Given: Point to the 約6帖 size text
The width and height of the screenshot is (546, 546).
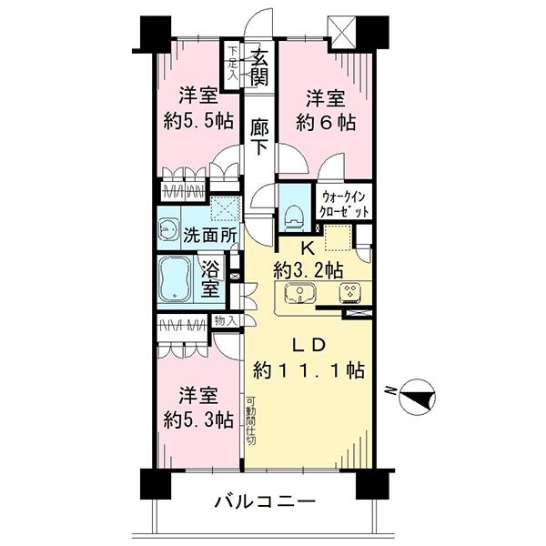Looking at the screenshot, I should pos(324,120).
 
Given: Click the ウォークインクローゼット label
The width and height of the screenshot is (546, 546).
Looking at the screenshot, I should pos(344,203).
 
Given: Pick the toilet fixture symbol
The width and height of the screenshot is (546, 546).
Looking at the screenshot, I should pos(293,212).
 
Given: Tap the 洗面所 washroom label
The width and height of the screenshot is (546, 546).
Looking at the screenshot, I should pos(211,234).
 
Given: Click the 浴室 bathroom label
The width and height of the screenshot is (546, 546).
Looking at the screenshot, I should pos(210,278).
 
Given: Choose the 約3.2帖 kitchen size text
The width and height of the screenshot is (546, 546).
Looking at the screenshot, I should pos(310,270).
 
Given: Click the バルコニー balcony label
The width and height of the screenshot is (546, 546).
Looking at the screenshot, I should pos(265,501).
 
